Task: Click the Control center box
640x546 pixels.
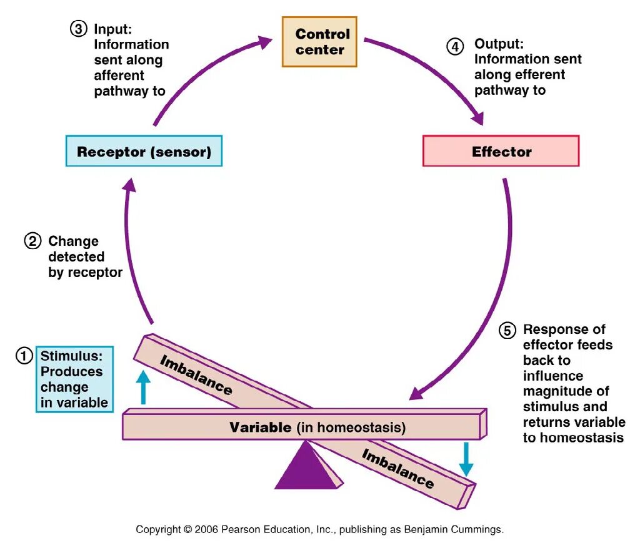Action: pos(319,42)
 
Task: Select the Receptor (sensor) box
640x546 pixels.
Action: pos(144,151)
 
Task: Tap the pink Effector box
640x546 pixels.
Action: pos(501,151)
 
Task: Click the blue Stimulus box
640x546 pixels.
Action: pos(74,379)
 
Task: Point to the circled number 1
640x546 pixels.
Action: pos(24,356)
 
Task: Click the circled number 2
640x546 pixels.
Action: pos(32,241)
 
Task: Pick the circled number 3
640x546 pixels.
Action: pos(78,29)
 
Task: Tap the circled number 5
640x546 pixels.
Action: pos(507,331)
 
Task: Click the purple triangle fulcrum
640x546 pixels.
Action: pos(306,467)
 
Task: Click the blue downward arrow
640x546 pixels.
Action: pos(466,459)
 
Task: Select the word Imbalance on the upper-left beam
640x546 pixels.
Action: pos(196,375)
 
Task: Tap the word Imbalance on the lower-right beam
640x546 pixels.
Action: pos(397,469)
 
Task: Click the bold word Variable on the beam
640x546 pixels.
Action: pos(260,427)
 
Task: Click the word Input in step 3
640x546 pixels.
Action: pos(112,29)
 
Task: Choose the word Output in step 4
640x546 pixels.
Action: pos(498,44)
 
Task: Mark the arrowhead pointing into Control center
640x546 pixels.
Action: pos(264,42)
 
